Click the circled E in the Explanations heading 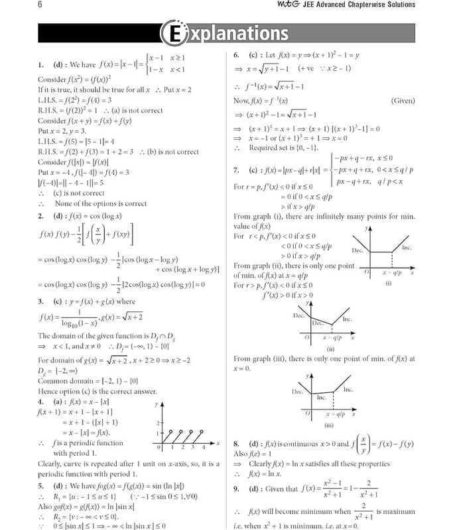(x=172, y=32)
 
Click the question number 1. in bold (x=41, y=65)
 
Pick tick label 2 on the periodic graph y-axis (x=157, y=422)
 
